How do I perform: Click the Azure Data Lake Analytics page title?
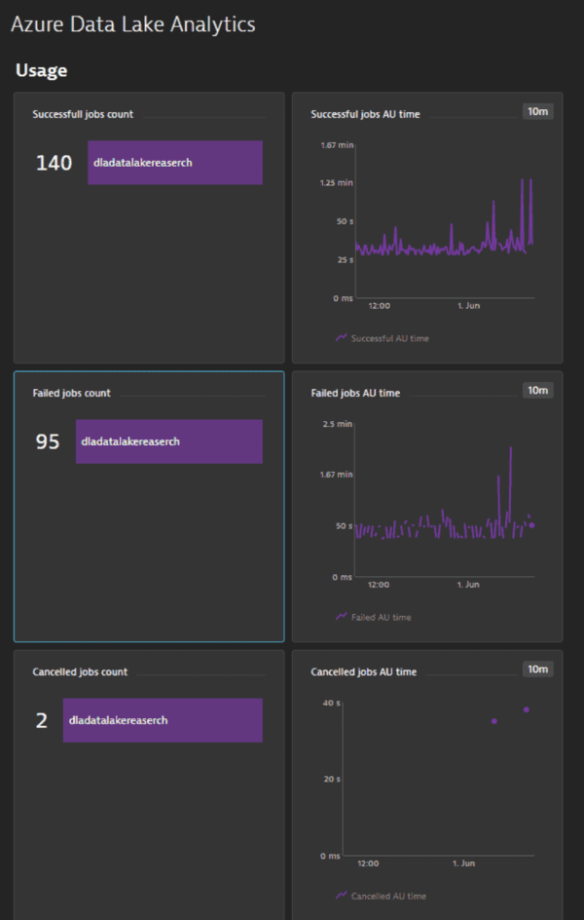pos(133,25)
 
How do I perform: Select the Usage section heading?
pos(41,71)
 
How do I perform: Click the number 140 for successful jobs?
pos(54,163)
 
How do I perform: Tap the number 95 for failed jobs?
pos(48,441)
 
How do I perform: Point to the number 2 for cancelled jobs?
pos(42,720)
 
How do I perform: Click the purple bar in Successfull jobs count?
pos(175,163)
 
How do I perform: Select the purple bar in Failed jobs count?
pos(169,441)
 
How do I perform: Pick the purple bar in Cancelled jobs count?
pos(163,720)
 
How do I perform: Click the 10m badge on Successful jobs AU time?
pos(538,111)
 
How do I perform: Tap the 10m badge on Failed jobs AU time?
pos(538,390)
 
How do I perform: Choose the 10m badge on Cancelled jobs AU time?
pos(538,669)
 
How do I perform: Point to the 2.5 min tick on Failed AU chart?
pos(337,424)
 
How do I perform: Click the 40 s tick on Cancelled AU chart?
pos(329,703)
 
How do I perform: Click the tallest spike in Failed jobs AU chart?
pos(511,448)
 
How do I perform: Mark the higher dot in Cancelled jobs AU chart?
pos(527,709)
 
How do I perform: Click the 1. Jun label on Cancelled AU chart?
pos(463,863)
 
